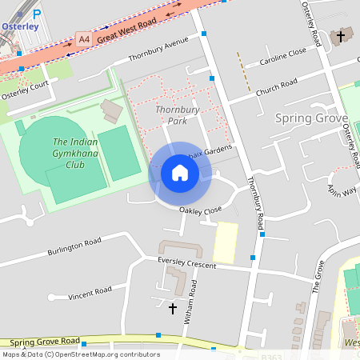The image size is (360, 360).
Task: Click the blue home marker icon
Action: [180, 173]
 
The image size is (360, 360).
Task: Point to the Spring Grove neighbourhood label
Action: [311, 118]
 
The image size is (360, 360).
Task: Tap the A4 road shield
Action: [84, 38]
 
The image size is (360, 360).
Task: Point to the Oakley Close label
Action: [200, 211]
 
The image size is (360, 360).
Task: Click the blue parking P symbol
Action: [36, 13]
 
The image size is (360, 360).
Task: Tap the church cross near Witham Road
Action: [171, 308]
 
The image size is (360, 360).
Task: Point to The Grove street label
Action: [316, 281]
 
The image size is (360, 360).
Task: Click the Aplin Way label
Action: [342, 189]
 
